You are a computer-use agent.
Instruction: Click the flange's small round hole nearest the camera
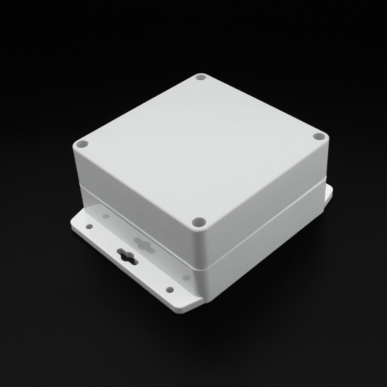170,289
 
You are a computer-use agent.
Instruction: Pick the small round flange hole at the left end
90,225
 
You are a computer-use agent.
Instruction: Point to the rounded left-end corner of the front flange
73,223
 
